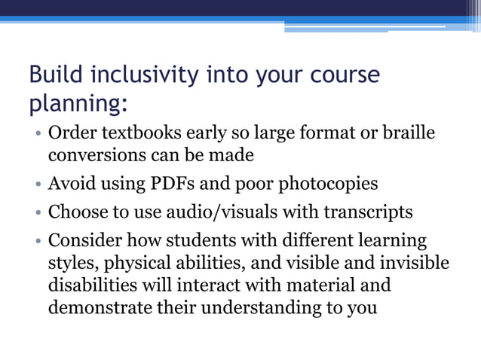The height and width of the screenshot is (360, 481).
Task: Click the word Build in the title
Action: [57, 76]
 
